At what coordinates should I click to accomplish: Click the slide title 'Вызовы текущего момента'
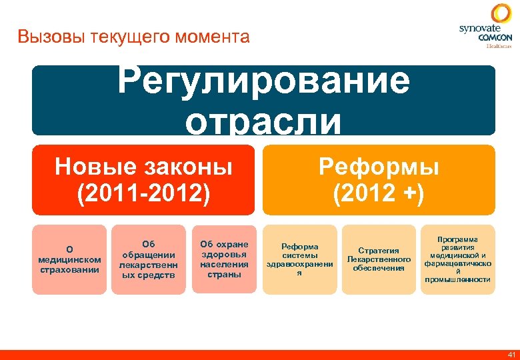(134, 37)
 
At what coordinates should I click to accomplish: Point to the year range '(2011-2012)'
(143, 194)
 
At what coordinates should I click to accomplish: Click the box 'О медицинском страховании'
(69, 259)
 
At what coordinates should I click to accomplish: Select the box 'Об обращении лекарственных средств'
(147, 259)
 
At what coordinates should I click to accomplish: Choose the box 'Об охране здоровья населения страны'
(224, 259)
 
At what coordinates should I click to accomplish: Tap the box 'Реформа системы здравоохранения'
(300, 259)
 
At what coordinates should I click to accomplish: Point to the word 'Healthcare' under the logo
(499, 47)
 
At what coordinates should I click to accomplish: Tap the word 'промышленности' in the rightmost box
(457, 280)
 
